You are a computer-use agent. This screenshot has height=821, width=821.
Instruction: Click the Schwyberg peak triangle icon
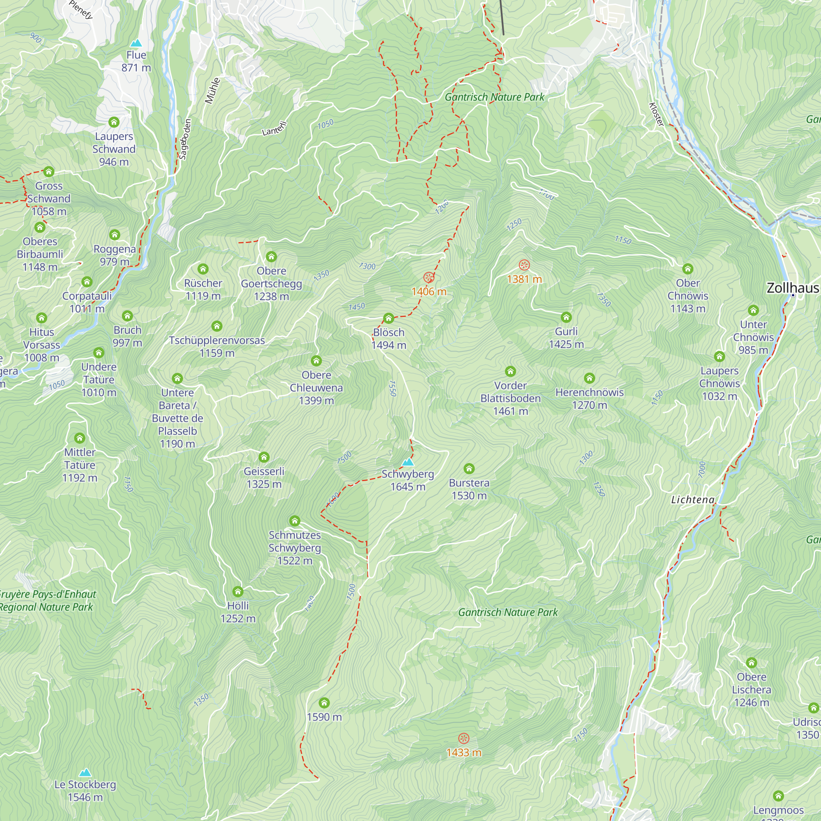[x=408, y=462]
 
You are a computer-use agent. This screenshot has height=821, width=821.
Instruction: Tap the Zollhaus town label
[x=793, y=288]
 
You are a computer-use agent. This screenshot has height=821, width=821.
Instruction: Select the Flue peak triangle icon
[x=136, y=43]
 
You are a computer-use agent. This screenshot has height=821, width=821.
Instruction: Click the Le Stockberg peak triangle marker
[x=85, y=772]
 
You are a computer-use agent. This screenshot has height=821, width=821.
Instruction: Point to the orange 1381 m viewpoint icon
[x=524, y=265]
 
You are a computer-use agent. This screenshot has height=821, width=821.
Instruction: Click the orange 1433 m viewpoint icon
[x=463, y=738]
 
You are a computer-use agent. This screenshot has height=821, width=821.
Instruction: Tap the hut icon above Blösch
[x=388, y=318]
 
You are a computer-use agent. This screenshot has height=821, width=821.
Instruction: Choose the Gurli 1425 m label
[x=566, y=337]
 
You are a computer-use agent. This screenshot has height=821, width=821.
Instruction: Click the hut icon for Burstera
[x=469, y=468]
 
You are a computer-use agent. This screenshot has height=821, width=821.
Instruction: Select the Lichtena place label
[x=693, y=500]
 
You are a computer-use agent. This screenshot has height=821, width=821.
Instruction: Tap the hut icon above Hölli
[x=238, y=592]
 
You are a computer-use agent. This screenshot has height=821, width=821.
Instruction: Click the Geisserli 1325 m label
[x=264, y=478]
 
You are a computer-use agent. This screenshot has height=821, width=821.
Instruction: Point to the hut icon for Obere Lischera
[x=751, y=663]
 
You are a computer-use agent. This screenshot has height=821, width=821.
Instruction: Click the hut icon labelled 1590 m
[x=324, y=702]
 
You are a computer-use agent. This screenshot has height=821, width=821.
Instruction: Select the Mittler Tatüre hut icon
[x=80, y=438]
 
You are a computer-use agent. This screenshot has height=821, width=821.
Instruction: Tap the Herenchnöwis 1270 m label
[x=589, y=398]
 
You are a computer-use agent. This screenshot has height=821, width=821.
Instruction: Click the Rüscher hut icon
[x=203, y=269]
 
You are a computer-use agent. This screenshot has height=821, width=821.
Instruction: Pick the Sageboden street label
[x=185, y=140]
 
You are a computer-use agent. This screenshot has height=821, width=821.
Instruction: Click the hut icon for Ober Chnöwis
[x=688, y=268]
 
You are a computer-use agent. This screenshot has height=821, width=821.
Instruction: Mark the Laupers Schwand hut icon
[x=114, y=122]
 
